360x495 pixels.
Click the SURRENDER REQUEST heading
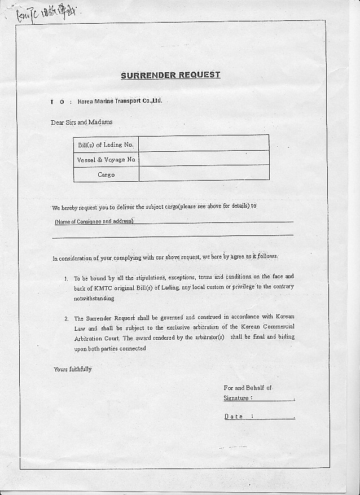click(170, 75)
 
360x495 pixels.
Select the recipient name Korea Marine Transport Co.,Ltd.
click(120, 101)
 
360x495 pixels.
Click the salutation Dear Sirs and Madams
click(81, 122)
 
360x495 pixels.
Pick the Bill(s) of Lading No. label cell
click(106, 144)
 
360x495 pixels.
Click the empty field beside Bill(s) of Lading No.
click(204, 143)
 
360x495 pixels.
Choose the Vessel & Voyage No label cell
click(106, 160)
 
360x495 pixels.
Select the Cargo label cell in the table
click(106, 174)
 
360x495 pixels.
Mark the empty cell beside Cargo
click(204, 173)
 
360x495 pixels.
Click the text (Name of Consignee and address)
click(94, 221)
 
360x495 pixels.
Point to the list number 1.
click(66, 279)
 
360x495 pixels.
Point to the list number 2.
click(66, 319)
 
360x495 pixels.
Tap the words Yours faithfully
click(72, 369)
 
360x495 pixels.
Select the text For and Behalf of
click(247, 388)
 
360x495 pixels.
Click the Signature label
click(237, 398)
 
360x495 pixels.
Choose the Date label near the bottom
click(234, 416)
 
